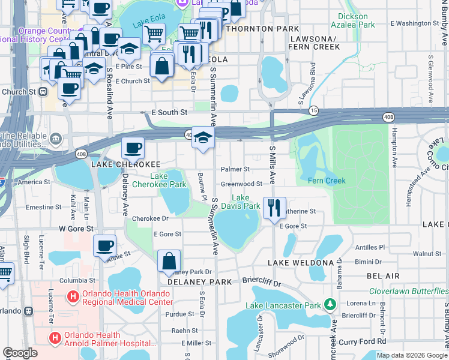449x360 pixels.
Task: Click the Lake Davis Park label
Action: tap(246, 202)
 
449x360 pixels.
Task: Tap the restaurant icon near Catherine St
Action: tap(274, 208)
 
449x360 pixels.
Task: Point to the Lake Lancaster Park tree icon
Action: tap(330, 305)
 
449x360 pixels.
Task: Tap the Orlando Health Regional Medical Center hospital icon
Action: tap(73, 296)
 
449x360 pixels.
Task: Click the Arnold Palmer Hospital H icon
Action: tap(56, 337)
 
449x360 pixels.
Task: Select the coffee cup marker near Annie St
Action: tap(105, 245)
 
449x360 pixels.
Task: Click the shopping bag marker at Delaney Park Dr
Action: tap(169, 261)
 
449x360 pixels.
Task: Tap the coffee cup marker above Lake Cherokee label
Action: tap(133, 147)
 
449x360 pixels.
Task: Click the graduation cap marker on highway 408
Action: tap(203, 137)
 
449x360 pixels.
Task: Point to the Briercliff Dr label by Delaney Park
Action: tap(262, 281)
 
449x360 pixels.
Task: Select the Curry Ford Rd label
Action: tap(361, 341)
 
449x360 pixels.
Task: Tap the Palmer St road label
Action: tap(235, 170)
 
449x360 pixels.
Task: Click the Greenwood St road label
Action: tap(241, 184)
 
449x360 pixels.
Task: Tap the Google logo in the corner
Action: tap(20, 353)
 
